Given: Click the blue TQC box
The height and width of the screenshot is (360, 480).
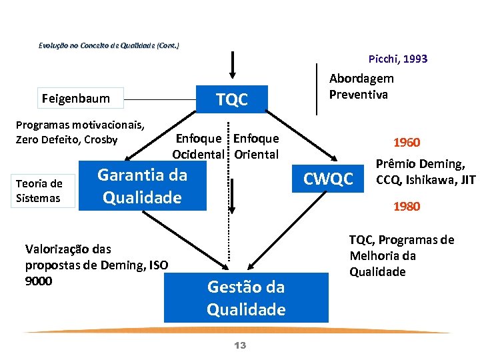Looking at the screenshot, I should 232,100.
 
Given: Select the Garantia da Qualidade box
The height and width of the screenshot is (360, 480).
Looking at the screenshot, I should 143,187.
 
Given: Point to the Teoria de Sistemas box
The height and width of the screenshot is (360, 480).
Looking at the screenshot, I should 39,191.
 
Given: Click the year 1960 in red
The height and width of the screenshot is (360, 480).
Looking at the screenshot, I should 407,143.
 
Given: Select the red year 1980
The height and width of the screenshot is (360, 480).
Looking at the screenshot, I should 407,206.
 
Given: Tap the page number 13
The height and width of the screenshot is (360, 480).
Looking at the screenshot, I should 241,345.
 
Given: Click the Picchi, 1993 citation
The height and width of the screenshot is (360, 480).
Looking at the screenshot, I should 398,59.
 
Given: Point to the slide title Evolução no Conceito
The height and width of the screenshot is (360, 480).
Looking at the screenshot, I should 109,45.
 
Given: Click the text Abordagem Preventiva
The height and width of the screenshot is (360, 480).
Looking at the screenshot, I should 361,86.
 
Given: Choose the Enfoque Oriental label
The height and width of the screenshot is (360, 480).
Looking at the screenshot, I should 257,146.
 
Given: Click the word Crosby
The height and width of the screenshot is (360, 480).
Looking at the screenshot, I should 102,139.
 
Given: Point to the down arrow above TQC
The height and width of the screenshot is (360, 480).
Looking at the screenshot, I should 232,64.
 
